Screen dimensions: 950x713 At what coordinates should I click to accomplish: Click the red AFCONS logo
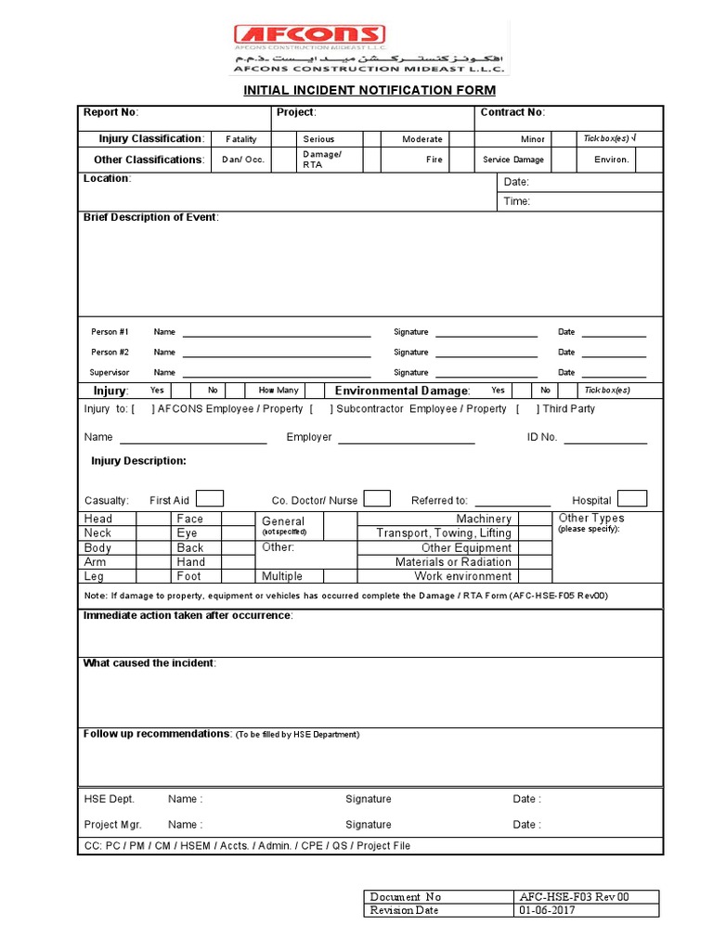point(309,35)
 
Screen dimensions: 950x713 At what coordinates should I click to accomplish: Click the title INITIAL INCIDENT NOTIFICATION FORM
point(369,90)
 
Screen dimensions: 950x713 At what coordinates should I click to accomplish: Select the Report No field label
point(110,112)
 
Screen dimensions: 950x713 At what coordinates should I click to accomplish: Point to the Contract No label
point(512,112)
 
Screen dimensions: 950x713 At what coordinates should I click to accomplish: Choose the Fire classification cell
point(434,160)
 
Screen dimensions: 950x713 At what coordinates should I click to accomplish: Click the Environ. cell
point(612,160)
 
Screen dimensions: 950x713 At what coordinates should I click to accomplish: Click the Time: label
point(517,201)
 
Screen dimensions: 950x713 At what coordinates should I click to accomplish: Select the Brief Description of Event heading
point(151,217)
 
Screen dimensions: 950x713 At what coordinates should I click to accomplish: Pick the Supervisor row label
point(110,373)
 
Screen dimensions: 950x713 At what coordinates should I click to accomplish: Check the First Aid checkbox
point(210,498)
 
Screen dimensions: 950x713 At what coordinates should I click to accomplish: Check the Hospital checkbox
point(632,498)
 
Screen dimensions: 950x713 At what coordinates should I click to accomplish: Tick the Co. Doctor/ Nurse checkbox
point(377,498)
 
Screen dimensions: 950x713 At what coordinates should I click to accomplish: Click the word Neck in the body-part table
point(97,533)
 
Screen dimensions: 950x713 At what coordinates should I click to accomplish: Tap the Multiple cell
point(282,576)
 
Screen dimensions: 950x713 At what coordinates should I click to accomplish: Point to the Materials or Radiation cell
point(453,562)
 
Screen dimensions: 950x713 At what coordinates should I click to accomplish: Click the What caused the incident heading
point(149,663)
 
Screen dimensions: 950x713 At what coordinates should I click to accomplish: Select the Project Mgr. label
point(113,825)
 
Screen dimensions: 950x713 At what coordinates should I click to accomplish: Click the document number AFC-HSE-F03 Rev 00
point(575,897)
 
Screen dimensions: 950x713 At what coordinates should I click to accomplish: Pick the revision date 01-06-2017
point(548,910)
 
